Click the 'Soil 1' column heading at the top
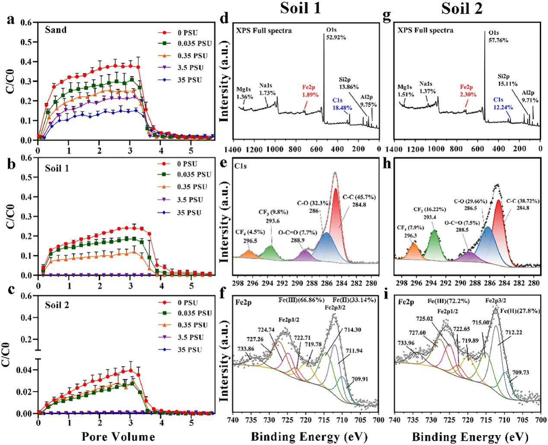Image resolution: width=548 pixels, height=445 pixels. click(301, 9)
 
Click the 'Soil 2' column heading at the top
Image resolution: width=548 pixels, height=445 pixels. click(462, 9)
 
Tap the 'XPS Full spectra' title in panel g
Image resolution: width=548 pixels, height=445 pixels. click(424, 30)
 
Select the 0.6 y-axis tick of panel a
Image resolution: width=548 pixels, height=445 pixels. click(27, 22)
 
